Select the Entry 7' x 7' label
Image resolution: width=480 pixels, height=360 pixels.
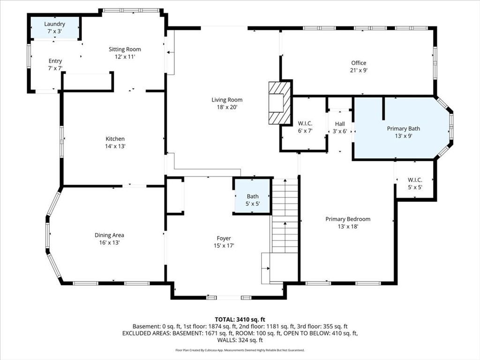coord(55,65)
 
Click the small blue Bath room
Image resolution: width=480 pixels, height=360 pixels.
coord(253,196)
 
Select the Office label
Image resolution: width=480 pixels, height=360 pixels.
coord(359,63)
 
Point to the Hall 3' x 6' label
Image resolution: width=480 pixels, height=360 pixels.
coord(340,127)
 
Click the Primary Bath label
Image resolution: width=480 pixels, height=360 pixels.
coord(404,128)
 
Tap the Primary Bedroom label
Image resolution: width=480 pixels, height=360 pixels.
coord(348,219)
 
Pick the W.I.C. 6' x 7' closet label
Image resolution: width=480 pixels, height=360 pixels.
coord(305,127)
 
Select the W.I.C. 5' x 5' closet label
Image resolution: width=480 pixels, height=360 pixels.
coord(415,183)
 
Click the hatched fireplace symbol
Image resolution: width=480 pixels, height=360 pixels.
coord(279,103)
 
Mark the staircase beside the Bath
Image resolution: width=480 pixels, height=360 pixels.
coord(285,216)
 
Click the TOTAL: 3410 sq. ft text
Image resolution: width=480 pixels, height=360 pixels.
coord(240,320)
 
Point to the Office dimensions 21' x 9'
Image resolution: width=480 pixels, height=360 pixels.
coord(359,70)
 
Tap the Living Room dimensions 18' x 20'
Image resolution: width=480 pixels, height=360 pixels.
coord(227,107)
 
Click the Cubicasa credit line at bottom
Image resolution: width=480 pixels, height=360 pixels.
coord(240,350)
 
